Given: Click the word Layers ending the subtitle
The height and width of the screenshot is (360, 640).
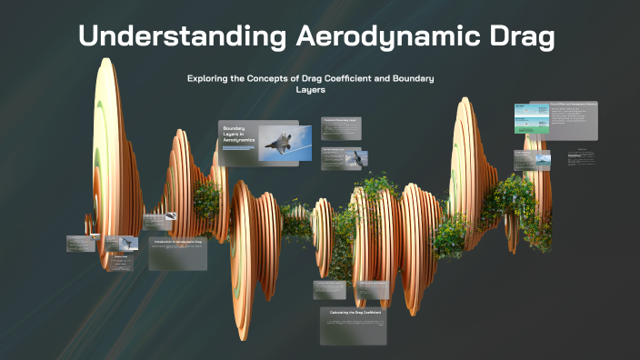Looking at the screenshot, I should pos(311,90).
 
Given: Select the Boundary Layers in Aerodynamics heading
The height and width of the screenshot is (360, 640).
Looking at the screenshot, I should pos(238,136).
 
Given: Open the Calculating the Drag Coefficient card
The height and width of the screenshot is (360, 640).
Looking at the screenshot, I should pos(353,325).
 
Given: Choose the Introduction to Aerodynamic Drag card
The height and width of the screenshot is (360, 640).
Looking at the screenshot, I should pos(178,254).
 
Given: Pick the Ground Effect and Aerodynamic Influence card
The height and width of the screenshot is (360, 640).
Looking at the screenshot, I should pos(555,120).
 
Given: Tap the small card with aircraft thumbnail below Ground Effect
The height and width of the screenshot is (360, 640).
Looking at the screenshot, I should pos(533,160).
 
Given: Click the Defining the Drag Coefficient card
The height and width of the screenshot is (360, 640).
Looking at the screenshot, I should pos(372,289).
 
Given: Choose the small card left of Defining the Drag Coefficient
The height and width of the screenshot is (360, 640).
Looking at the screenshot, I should pos(330,289).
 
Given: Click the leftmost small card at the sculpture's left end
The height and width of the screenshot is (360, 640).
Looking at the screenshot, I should pos(82,243).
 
